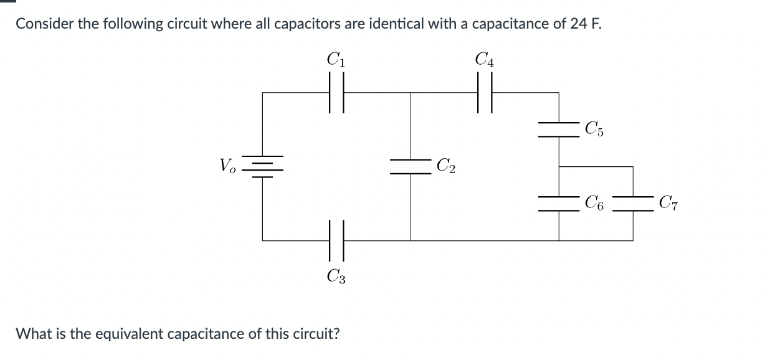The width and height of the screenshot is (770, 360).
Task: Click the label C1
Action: click(336, 60)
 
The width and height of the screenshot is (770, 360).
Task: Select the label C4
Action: click(484, 60)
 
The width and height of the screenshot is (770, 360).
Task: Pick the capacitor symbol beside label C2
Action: click(410, 166)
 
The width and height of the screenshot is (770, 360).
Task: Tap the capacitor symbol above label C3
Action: click(336, 240)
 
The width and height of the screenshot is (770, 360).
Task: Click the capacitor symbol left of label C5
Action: click(559, 130)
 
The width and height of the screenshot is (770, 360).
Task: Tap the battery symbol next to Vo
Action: click(262, 166)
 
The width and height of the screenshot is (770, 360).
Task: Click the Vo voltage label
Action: click(227, 166)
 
